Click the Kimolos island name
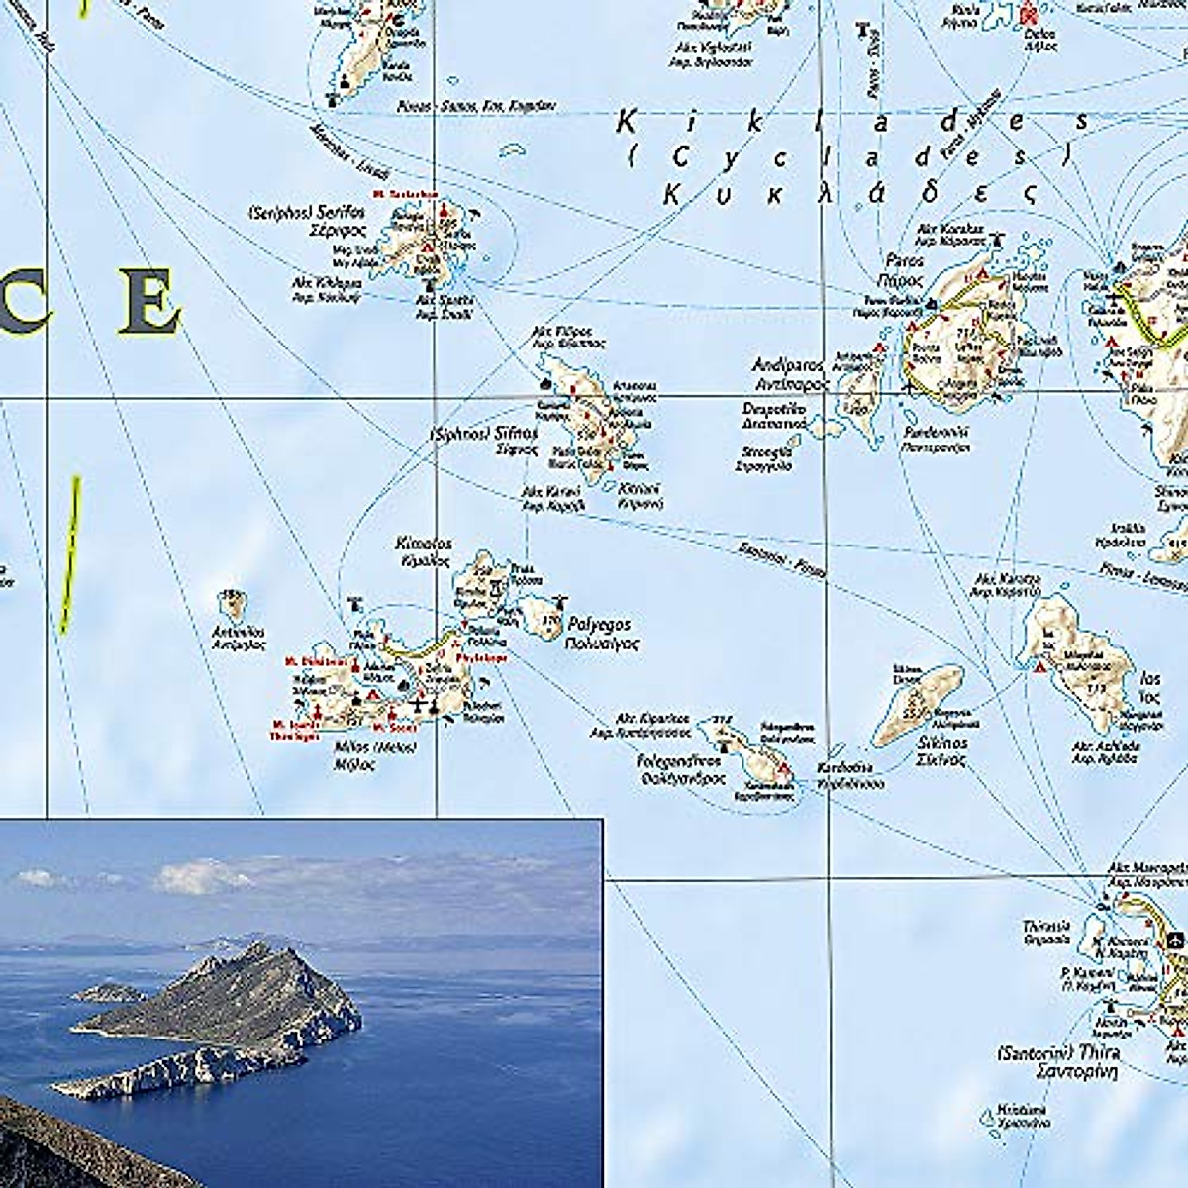click(423, 544)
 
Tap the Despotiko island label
click(774, 408)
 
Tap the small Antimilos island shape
click(233, 602)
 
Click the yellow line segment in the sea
click(69, 554)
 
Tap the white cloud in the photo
click(203, 876)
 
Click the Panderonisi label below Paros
click(935, 433)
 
